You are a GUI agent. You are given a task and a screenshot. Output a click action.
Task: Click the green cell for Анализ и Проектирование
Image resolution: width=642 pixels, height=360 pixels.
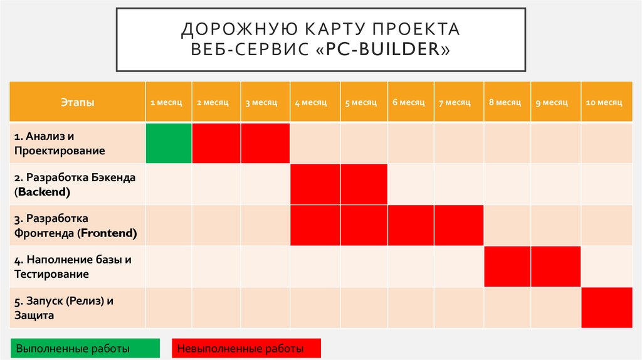click(169, 143)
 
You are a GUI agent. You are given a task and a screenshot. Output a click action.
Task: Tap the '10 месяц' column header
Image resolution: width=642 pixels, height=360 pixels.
click(604, 102)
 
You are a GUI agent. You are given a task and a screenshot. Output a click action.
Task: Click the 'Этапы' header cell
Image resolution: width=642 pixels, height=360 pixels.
click(78, 102)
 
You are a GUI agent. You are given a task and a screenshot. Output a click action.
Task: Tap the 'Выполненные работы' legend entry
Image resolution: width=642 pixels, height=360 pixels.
click(73, 348)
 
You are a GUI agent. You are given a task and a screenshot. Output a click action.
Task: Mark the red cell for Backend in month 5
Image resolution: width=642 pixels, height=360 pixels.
click(364, 184)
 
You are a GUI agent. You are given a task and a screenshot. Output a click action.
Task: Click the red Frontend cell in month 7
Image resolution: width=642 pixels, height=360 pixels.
click(458, 225)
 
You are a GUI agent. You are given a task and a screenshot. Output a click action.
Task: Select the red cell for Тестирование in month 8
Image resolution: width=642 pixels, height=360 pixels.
click(507, 267)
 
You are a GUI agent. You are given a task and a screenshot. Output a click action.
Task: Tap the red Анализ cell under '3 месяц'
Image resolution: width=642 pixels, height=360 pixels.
click(265, 143)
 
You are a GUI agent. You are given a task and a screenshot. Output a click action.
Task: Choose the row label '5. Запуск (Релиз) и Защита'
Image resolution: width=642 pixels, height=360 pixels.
click(65, 307)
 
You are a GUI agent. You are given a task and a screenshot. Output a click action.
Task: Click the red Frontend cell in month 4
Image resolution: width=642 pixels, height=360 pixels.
click(315, 225)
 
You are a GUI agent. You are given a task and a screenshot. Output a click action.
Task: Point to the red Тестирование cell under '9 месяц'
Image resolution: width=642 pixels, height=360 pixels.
click(556, 267)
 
